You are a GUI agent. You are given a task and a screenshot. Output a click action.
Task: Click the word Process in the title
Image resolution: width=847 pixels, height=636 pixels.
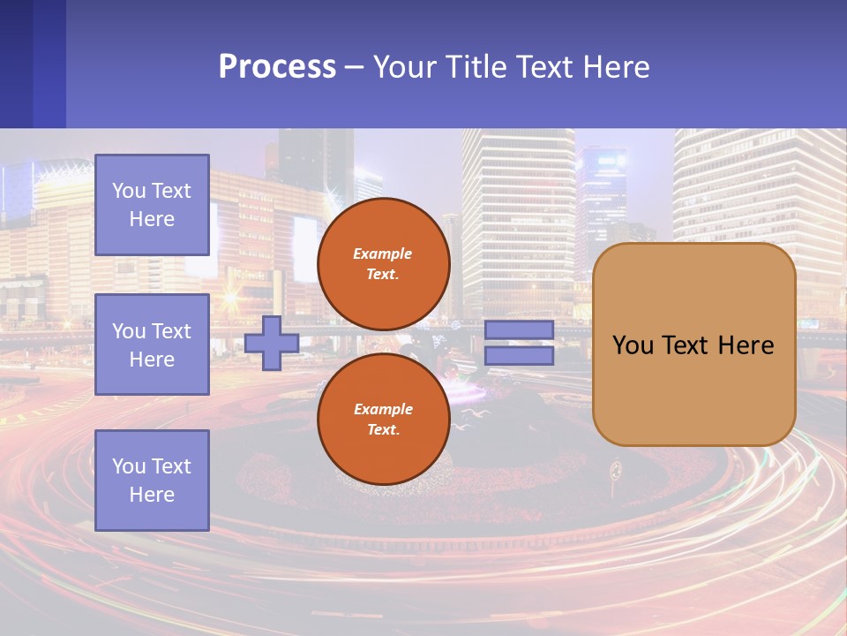277,67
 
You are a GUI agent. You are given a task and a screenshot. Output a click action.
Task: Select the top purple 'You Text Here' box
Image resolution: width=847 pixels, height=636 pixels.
152,205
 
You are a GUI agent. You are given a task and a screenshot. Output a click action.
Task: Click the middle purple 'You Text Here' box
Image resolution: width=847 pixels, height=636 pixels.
152,344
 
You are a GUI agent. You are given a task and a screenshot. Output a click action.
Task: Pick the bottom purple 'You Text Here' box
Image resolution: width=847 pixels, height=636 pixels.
152,481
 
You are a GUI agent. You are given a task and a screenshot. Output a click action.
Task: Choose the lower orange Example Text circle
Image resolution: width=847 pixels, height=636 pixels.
383,419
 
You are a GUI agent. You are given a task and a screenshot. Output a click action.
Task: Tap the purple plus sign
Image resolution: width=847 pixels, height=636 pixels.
272,343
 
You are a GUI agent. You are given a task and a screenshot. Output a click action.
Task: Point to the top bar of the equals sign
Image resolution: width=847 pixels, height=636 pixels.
519,329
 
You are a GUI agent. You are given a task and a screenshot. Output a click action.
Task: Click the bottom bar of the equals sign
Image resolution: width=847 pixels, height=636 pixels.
519,356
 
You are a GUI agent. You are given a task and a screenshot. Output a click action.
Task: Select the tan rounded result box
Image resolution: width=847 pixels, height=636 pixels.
693,344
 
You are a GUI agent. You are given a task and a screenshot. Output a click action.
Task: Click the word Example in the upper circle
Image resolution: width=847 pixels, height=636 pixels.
383,254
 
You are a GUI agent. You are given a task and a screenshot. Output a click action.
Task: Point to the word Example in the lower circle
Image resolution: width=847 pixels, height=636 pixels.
383,409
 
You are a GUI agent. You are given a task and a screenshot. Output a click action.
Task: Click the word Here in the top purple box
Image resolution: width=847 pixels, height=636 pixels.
152,219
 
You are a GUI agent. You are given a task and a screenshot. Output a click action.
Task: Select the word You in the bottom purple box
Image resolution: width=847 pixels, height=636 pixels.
129,466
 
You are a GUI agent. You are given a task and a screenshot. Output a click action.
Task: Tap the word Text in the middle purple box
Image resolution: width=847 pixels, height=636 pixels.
170,331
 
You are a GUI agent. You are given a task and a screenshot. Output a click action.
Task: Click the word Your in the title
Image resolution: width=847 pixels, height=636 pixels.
404,67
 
